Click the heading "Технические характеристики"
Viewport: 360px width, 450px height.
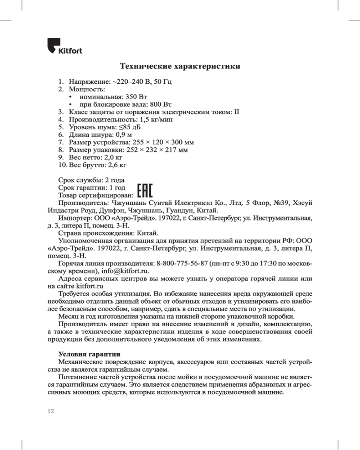[x=180, y=67]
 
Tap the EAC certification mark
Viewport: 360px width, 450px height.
[x=144, y=191]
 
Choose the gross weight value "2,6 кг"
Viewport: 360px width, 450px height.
[x=118, y=165]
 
